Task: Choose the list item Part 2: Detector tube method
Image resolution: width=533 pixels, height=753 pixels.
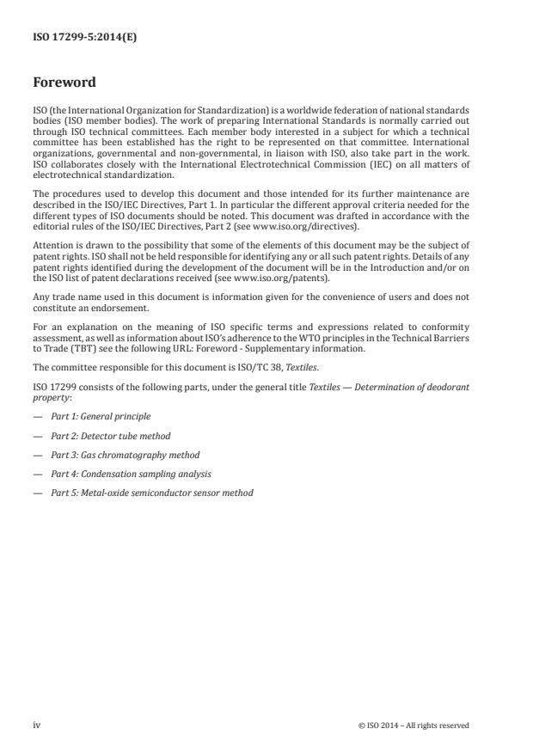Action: click(110, 436)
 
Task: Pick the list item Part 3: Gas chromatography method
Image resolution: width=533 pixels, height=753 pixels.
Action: click(125, 455)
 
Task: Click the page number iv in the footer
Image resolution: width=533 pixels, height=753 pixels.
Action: click(37, 725)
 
